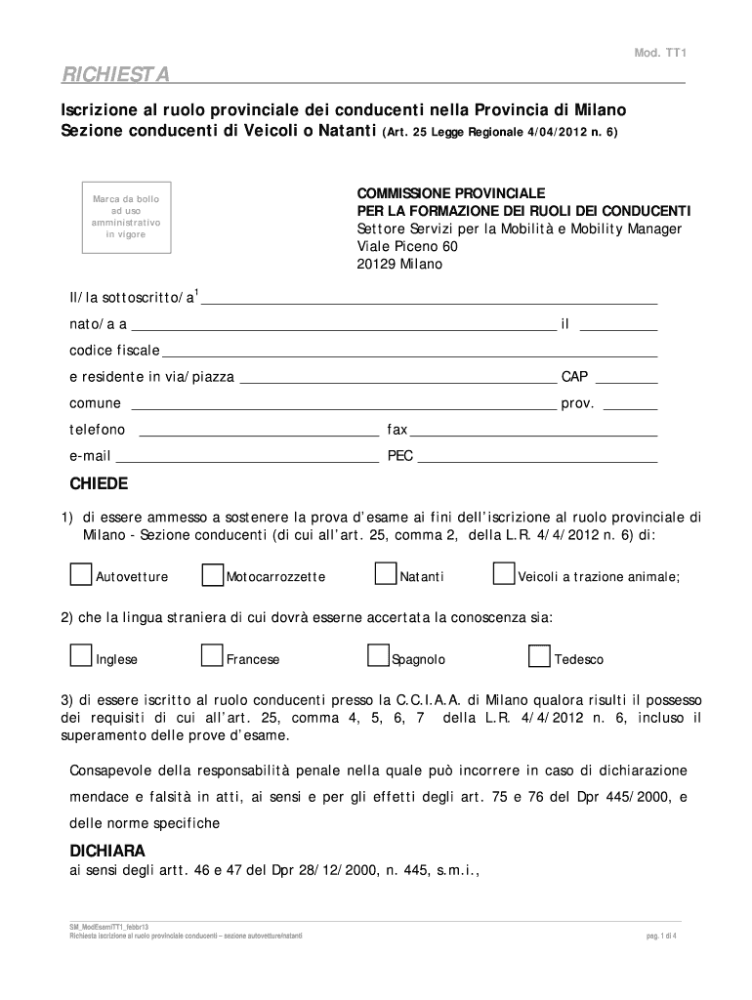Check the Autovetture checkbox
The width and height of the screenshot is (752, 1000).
(x=81, y=574)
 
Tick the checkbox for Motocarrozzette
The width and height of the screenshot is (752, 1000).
(x=212, y=574)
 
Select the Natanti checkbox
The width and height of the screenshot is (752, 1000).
(x=386, y=574)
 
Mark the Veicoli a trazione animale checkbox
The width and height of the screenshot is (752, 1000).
(x=504, y=574)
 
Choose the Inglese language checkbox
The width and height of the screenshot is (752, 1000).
(x=81, y=657)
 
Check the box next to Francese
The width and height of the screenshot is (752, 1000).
(x=212, y=657)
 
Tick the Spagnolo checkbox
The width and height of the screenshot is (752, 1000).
(x=378, y=657)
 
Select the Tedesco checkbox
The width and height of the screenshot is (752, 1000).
(x=539, y=657)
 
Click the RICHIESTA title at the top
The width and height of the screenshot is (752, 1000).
(x=116, y=74)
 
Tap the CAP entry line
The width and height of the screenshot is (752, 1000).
(x=625, y=382)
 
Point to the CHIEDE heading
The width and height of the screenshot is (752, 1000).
(x=98, y=484)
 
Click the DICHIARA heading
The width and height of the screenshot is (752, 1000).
(x=107, y=850)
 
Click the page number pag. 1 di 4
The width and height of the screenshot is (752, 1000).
(x=661, y=935)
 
